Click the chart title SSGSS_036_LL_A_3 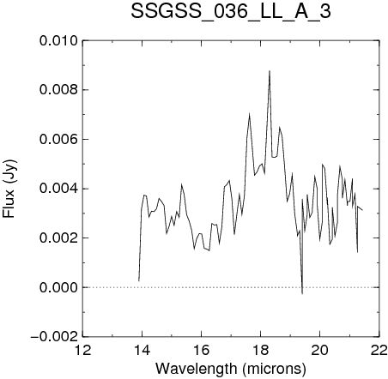tap(231, 12)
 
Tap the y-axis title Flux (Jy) tap(9, 189)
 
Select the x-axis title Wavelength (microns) tap(231, 369)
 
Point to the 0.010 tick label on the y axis tap(58, 41)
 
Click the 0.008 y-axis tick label tap(58, 90)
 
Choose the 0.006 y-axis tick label tap(58, 140)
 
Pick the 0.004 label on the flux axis tap(58, 189)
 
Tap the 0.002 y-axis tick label tap(58, 238)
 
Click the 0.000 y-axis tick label tap(58, 287)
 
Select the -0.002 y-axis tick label tap(54, 337)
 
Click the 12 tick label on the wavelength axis tap(82, 350)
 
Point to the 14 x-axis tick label tap(142, 350)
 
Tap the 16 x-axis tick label tap(201, 350)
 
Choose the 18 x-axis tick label tap(261, 350)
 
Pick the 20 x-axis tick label tap(320, 350)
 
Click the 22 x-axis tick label tap(379, 350)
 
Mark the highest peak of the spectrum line tap(270, 71)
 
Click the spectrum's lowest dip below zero tap(302, 293)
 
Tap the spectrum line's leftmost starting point tap(139, 281)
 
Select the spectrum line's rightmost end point tap(362, 210)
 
